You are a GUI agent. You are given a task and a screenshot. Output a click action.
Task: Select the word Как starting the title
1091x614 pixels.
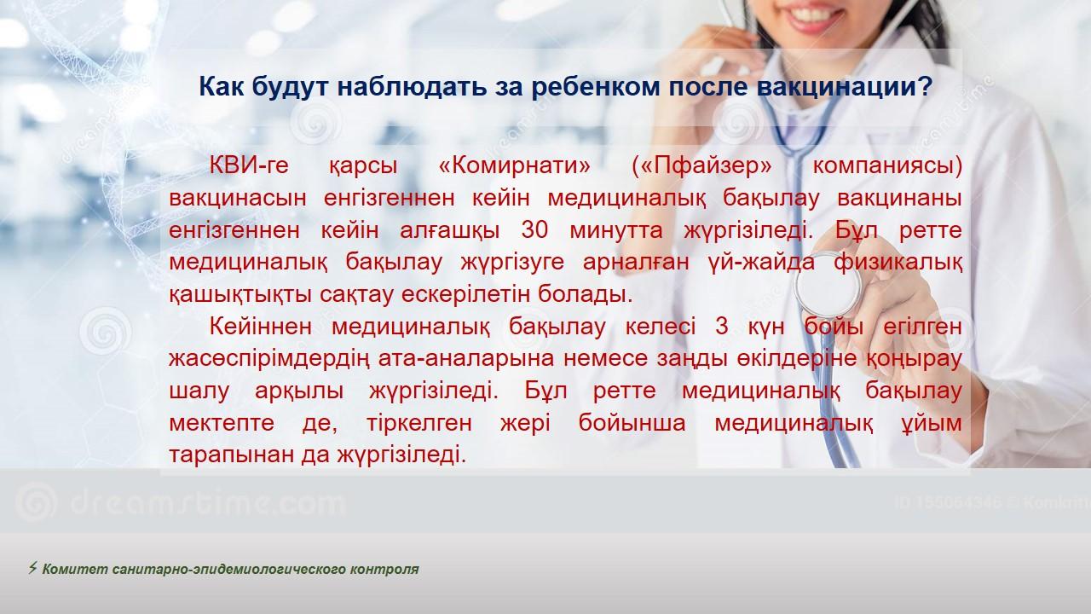pos(222,87)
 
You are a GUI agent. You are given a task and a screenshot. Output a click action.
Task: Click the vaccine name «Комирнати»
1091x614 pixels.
pos(514,165)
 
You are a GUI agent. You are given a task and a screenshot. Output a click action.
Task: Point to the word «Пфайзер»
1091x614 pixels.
pos(701,166)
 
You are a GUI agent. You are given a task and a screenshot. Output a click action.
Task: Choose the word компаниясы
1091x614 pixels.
pos(887,166)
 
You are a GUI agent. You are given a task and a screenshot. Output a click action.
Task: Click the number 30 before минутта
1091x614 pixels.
pos(534,230)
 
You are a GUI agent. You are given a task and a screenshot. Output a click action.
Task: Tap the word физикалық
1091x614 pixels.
pos(898,262)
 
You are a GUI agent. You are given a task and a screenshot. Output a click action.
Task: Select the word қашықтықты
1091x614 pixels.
pos(240,294)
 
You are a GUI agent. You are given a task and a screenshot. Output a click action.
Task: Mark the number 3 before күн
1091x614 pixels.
pos(721,326)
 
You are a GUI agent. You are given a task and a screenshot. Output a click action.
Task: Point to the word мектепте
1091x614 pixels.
pos(222,422)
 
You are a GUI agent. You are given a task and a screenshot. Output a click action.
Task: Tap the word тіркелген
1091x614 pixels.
pos(419,423)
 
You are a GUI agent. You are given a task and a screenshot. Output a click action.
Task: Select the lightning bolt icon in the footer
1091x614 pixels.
pos(32,568)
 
